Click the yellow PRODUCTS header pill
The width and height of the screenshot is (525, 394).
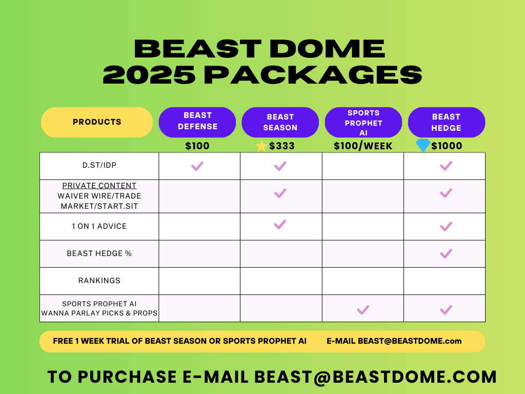click(x=97, y=122)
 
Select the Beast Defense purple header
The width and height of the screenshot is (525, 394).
click(x=197, y=122)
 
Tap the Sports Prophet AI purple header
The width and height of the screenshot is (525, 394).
click(x=364, y=122)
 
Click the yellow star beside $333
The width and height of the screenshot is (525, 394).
click(x=261, y=146)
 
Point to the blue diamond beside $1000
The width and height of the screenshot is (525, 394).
click(x=423, y=145)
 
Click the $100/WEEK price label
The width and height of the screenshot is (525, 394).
click(x=363, y=146)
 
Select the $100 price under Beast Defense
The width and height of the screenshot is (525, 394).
click(x=197, y=146)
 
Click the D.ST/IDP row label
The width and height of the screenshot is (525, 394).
click(x=99, y=165)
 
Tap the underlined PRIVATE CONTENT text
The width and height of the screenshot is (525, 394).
click(x=99, y=186)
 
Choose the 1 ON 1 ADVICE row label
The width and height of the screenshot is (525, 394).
click(x=99, y=226)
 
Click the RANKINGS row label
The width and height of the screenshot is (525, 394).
click(x=99, y=281)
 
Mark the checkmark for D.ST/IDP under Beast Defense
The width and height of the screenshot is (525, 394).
click(x=197, y=166)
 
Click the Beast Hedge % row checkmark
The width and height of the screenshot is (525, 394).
click(x=446, y=253)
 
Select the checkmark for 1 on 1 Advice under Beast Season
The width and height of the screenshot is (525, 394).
click(x=280, y=225)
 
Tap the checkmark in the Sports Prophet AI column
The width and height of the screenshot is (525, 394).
click(x=363, y=310)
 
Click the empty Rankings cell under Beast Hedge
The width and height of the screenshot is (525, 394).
click(x=445, y=281)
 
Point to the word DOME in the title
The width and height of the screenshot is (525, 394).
click(x=327, y=49)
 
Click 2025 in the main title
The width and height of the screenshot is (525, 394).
click(x=149, y=75)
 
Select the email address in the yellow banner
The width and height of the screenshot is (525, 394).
click(x=410, y=341)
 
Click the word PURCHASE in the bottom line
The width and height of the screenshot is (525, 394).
click(x=127, y=377)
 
